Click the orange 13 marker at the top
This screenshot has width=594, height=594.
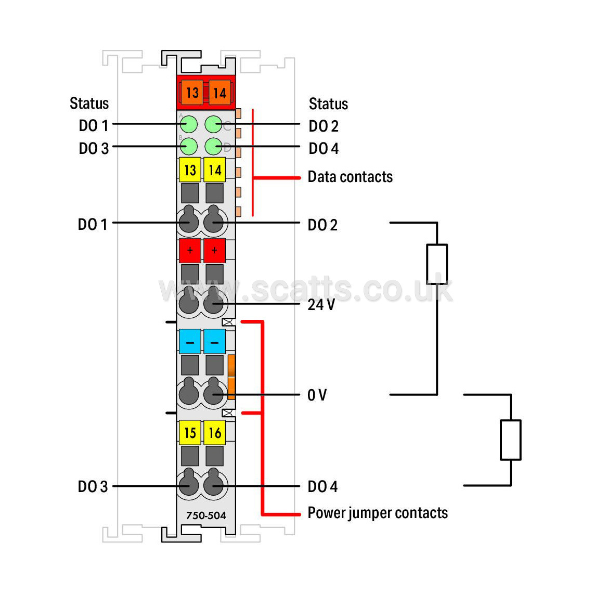point(192,92)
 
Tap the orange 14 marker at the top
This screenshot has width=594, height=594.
point(219,92)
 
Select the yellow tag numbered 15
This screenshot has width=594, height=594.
point(190,432)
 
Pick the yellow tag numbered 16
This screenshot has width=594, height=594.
point(214,432)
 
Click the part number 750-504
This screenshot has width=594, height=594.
point(205,515)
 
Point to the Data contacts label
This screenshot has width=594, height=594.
point(350,177)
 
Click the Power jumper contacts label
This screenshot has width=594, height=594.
point(378,513)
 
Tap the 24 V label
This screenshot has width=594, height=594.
point(321,304)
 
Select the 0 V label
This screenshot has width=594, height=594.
point(317,395)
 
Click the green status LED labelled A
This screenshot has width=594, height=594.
point(189,124)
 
